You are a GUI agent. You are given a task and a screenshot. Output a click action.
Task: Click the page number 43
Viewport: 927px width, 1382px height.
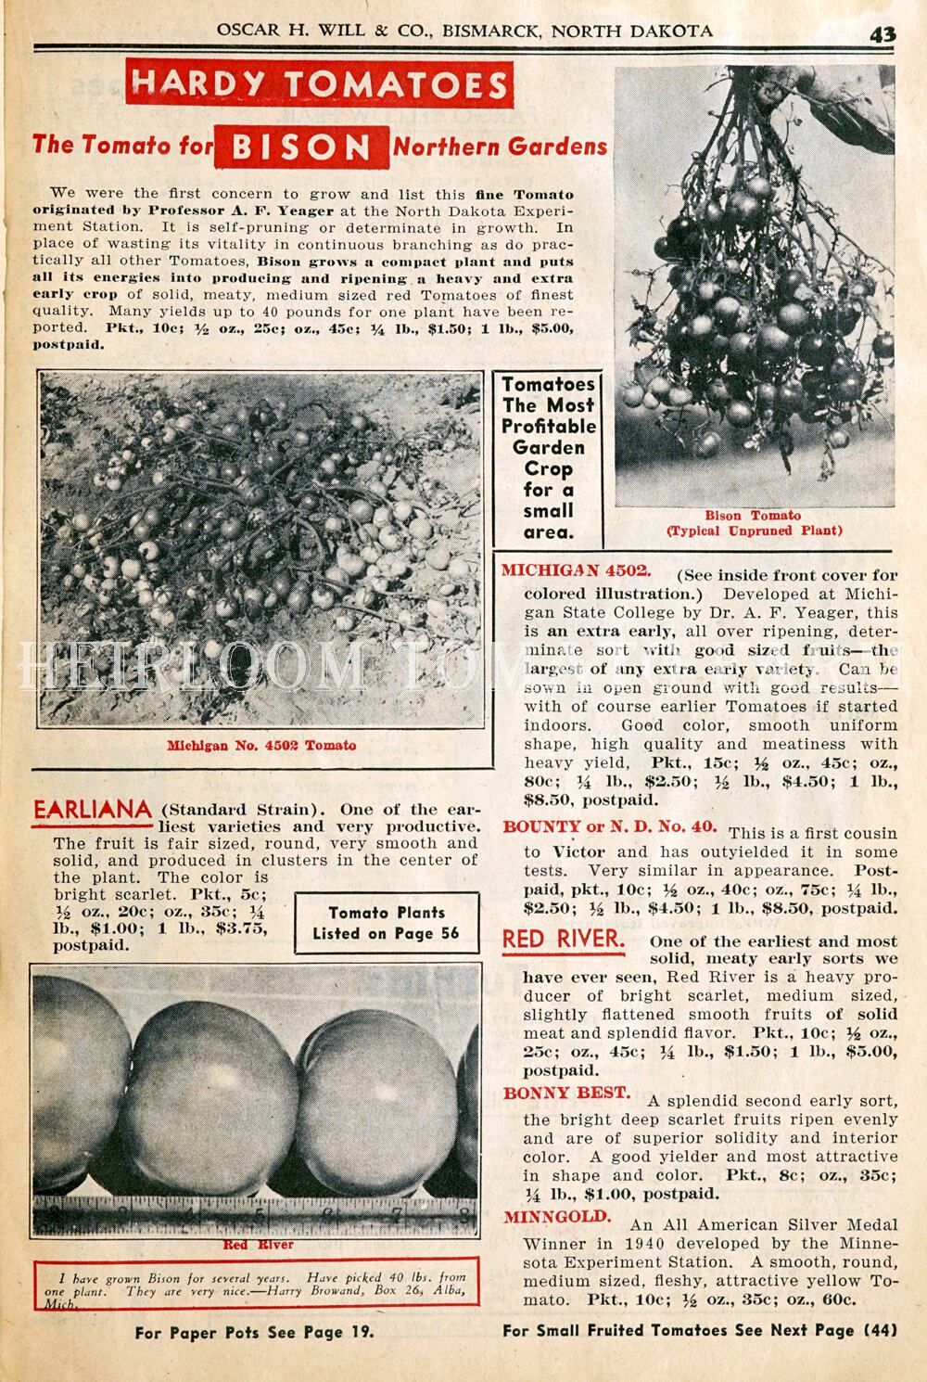click(882, 33)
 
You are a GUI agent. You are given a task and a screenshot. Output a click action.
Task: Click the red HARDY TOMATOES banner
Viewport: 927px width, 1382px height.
click(318, 84)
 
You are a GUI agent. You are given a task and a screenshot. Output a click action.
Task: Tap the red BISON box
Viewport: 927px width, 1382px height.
click(301, 147)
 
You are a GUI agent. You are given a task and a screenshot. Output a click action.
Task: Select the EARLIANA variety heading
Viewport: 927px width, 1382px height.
click(92, 810)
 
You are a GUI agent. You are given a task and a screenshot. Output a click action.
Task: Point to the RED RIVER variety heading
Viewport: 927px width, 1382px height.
click(563, 940)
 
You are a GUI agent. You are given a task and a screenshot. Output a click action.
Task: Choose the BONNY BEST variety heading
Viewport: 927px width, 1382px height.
click(566, 1094)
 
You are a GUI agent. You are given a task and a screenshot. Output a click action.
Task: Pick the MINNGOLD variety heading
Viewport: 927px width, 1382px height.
click(557, 1217)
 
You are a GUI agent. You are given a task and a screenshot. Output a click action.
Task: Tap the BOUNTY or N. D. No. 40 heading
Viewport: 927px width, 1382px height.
click(609, 826)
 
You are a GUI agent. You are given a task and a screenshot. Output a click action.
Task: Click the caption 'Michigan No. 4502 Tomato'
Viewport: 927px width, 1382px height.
click(261, 745)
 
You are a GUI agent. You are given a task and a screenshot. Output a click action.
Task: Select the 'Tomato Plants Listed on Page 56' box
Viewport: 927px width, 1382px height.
click(387, 923)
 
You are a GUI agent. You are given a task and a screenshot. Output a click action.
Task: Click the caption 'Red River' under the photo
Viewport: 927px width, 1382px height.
click(258, 1244)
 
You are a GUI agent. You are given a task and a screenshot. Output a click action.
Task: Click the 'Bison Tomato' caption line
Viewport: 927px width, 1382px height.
click(753, 516)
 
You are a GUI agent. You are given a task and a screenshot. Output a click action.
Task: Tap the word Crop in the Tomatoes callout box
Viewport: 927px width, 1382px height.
click(549, 468)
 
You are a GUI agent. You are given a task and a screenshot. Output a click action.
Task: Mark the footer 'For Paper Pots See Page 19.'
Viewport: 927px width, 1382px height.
click(255, 1333)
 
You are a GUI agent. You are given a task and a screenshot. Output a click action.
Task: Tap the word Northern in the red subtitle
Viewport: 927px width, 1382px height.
click(441, 147)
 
